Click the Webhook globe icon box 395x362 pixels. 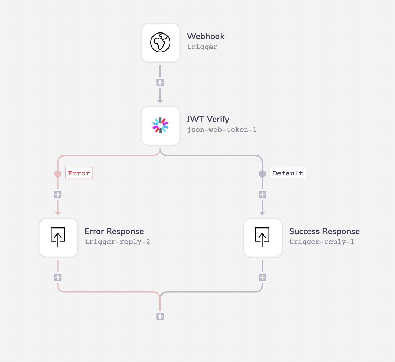click(161, 43)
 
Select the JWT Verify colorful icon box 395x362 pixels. click(161, 125)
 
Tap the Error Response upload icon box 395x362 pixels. click(58, 238)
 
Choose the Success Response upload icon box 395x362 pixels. click(263, 238)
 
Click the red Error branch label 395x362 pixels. click(79, 173)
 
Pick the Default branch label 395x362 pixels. click(288, 173)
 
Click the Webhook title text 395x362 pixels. click(206, 36)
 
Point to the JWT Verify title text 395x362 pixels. click(208, 119)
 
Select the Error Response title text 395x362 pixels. click(114, 231)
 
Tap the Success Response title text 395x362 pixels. click(324, 231)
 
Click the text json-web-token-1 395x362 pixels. click(222, 130)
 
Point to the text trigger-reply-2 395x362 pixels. click(117, 242)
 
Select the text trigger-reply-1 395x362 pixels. click(322, 242)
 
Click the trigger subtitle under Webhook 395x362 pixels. click(202, 47)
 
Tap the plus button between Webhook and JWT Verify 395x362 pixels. click(160, 82)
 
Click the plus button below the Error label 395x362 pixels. click(58, 195)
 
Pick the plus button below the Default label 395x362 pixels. click(262, 195)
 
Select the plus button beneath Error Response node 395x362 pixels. click(58, 277)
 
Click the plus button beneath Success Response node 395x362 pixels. click(262, 277)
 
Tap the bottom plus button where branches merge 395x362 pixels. click(160, 316)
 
